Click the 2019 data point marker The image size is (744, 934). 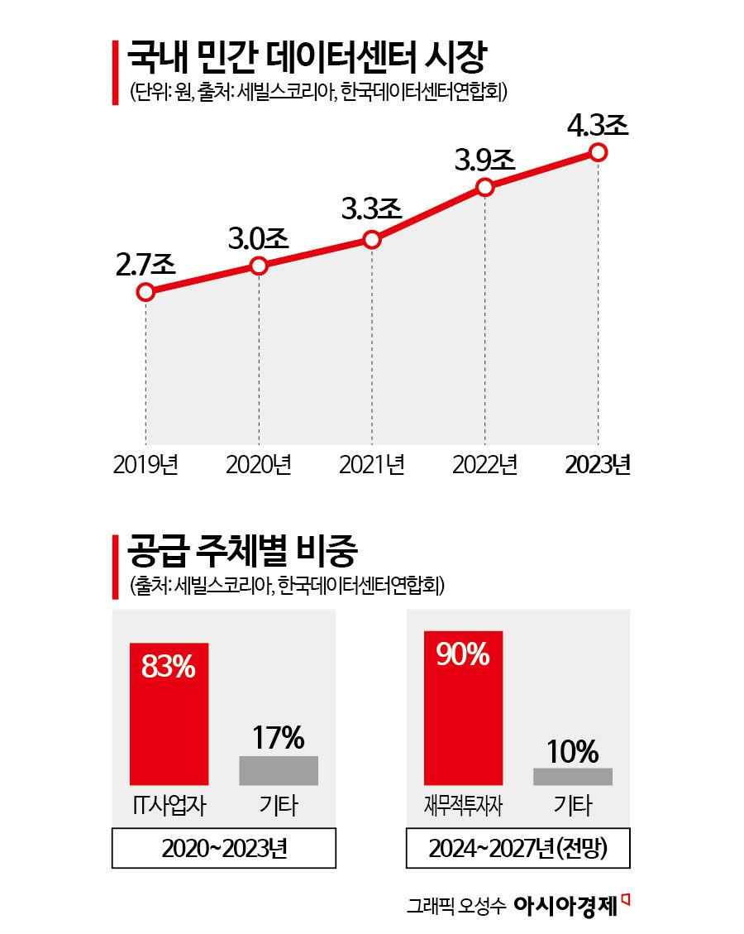(x=145, y=291)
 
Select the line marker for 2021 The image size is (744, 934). (x=372, y=240)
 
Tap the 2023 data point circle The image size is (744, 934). (x=599, y=152)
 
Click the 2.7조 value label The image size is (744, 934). (x=145, y=265)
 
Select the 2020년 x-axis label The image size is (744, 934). (x=259, y=464)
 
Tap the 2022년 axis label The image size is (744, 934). (x=485, y=464)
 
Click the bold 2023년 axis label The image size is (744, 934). (x=599, y=464)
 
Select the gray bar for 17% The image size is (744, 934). (x=279, y=770)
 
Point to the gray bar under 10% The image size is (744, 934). (x=573, y=776)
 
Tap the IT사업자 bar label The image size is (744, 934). (x=169, y=805)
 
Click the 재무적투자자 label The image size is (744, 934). (x=463, y=805)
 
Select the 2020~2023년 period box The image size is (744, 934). (x=224, y=849)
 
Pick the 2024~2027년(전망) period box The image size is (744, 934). (x=518, y=849)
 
